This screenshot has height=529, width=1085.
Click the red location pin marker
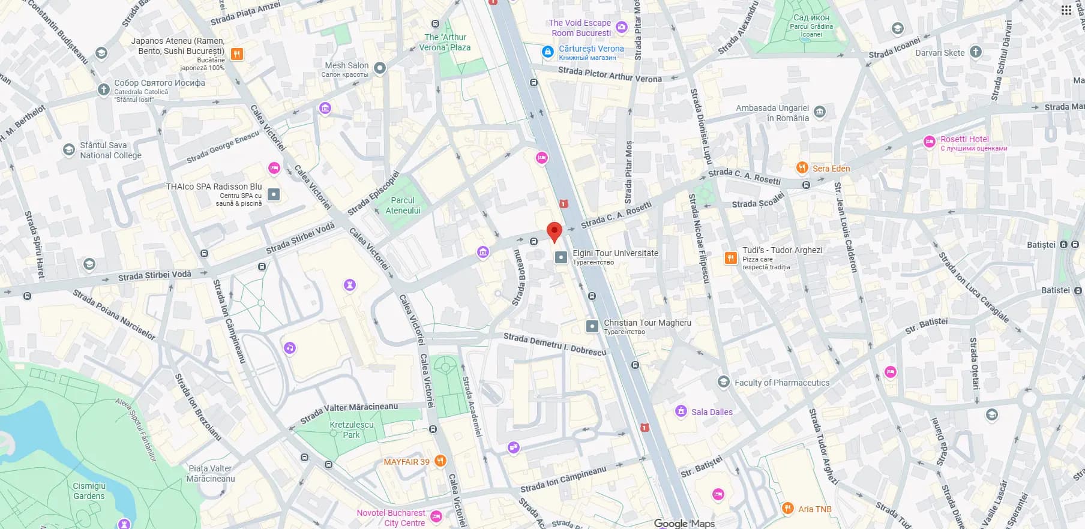[x=554, y=232]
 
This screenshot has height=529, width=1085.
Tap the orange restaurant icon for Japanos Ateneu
[x=237, y=55]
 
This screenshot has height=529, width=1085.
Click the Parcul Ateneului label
[x=403, y=205]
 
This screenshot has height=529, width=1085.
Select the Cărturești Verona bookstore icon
[x=547, y=52]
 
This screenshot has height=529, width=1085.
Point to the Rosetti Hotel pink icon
[x=929, y=142]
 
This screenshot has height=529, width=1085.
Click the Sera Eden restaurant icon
[x=802, y=168]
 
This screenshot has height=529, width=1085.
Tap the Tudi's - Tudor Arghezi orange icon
[x=730, y=258]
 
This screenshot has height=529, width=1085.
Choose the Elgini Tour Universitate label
[x=615, y=253]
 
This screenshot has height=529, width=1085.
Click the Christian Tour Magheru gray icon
[x=592, y=326]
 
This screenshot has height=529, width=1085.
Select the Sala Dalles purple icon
[x=681, y=411]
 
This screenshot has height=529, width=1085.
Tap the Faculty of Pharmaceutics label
[x=781, y=383]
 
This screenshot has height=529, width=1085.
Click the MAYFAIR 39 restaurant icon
[x=440, y=461]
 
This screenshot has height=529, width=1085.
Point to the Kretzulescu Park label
[x=352, y=429]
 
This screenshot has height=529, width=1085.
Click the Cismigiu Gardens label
[x=89, y=491]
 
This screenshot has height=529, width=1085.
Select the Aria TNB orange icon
[x=787, y=509]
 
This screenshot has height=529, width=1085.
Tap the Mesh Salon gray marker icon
[x=379, y=68]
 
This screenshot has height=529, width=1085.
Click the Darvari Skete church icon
[x=976, y=52]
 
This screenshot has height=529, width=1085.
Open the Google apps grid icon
[x=1066, y=10]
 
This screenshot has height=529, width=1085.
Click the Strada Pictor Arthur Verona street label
[x=610, y=75]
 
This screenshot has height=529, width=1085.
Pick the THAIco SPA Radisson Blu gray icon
[x=274, y=194]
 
